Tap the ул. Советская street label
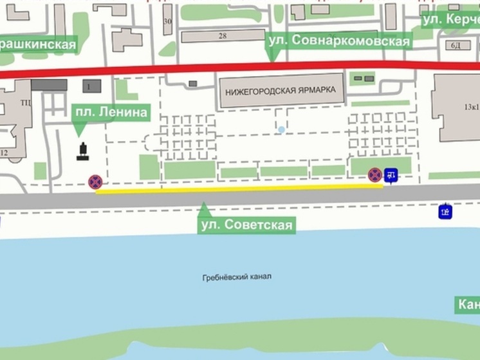click(246, 225)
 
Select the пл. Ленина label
click(111, 113)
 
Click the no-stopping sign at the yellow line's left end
click(95, 182)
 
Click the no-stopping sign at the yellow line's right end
click(375, 175)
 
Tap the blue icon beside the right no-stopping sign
click(391, 175)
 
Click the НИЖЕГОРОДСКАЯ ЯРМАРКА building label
click(281, 91)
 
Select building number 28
click(223, 36)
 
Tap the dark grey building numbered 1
click(89, 86)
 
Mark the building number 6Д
click(456, 45)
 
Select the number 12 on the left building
click(5, 153)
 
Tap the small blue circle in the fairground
click(281, 130)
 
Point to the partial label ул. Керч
click(451, 20)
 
